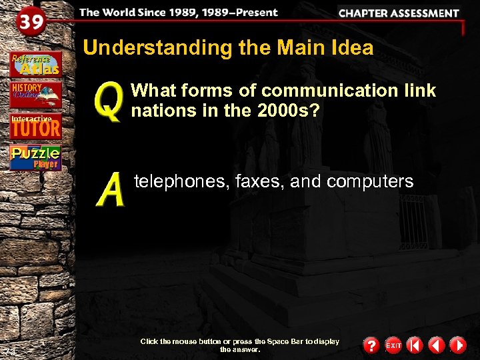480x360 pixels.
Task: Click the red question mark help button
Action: pos(371,345)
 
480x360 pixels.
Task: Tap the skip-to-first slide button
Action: pos(415,345)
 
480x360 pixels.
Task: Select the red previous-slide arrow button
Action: pos(437,345)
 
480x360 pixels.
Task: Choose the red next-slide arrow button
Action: pos(458,345)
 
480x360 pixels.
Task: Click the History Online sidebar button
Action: pos(35,95)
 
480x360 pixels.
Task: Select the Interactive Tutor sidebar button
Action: pos(35,126)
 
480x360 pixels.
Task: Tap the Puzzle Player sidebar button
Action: pos(35,157)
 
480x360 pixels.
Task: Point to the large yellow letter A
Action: pos(111,189)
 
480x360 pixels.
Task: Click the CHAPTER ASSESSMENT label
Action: pos(399,13)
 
